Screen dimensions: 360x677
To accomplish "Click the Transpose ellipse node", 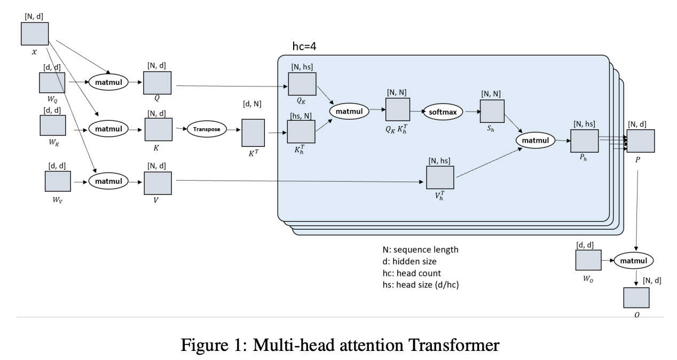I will coord(207,129).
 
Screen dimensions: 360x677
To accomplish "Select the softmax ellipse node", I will coord(443,112).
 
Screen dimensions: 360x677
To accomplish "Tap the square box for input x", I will coord(35,35).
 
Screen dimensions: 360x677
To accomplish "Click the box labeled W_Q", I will coord(52,83).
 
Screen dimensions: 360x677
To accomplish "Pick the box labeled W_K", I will coord(53,125).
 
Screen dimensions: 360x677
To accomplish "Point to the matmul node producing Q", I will coord(108,82).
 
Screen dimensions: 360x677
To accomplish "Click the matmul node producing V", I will coord(108,182).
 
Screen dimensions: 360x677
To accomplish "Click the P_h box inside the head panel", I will coord(585,140).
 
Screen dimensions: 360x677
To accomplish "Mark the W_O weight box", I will coord(588,260).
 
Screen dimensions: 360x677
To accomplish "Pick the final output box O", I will coord(636,298).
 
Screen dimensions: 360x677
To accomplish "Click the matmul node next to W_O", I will coord(634,261).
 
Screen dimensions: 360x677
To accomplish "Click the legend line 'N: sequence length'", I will coord(420,249).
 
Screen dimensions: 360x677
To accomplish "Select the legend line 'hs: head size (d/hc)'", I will coord(421,285).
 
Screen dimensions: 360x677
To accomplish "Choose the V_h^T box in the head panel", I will coord(440,177).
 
